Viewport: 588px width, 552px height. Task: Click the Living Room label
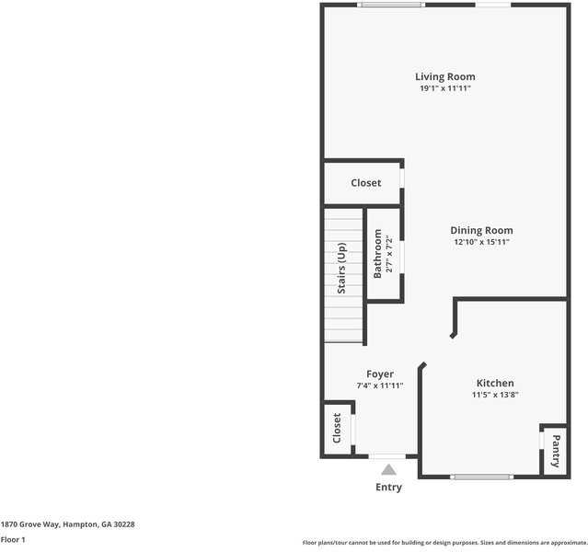point(445,76)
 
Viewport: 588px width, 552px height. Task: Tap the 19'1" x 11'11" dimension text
point(445,88)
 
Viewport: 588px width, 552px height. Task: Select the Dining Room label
point(481,230)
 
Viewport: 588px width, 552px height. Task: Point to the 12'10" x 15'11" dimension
point(481,242)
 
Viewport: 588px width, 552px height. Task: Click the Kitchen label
point(495,383)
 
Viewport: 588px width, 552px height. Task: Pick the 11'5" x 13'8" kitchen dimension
point(495,395)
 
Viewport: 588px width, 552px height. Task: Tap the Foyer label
point(380,374)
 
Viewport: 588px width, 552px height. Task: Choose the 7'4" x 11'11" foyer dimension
point(380,385)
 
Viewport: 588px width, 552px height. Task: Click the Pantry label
point(555,451)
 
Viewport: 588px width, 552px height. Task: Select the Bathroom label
point(377,254)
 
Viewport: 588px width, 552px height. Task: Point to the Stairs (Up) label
point(341,268)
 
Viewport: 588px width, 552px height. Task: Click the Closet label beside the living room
point(365,183)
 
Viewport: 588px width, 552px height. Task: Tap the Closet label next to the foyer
point(337,428)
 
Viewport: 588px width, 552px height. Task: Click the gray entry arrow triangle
point(388,469)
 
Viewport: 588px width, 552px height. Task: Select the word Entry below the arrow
point(388,487)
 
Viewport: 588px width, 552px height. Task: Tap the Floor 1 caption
point(13,539)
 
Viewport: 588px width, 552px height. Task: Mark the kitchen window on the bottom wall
point(481,477)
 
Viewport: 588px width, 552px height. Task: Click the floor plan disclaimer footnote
point(444,542)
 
